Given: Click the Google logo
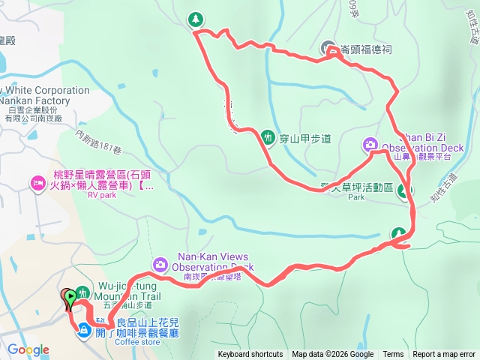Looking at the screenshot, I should click(28, 349).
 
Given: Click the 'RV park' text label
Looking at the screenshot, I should click(103, 194).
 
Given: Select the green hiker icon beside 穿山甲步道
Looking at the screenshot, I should click(268, 136).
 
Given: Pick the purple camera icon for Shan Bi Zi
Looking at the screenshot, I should click(370, 144).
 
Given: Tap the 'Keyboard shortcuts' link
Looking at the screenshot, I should click(250, 355).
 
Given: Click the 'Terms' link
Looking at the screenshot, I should click(393, 355).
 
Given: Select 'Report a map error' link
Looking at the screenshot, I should click(444, 355).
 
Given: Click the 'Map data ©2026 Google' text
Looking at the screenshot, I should click(333, 355).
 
